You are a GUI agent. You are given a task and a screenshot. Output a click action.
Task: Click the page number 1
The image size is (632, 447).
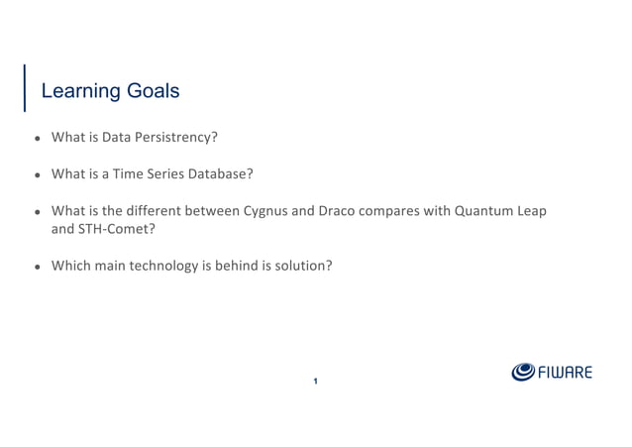(315, 382)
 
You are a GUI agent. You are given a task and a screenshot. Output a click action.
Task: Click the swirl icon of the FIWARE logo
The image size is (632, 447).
(523, 372)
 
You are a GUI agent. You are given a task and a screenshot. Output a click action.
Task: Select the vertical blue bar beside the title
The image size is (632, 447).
(25, 88)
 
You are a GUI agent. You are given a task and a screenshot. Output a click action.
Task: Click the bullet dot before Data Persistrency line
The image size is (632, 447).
(37, 138)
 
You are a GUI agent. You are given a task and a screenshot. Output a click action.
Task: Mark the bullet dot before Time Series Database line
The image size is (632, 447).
(37, 174)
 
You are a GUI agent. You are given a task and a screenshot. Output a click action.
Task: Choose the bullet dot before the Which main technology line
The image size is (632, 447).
(37, 267)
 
